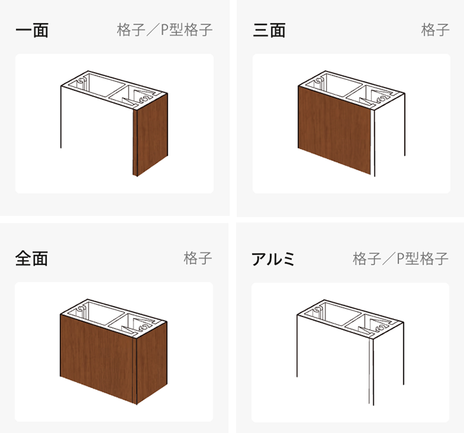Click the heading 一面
32,30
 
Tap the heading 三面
269,30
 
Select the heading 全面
32,258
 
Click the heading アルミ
273,259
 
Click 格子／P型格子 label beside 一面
165,30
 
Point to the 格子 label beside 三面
435,30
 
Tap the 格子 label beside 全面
198,258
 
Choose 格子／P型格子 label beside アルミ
401,258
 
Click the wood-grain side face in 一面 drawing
150,135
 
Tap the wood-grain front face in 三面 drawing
334,130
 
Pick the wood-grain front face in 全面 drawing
97,359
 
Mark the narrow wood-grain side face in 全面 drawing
150,363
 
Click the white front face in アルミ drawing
333,359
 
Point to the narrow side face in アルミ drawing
387,363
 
